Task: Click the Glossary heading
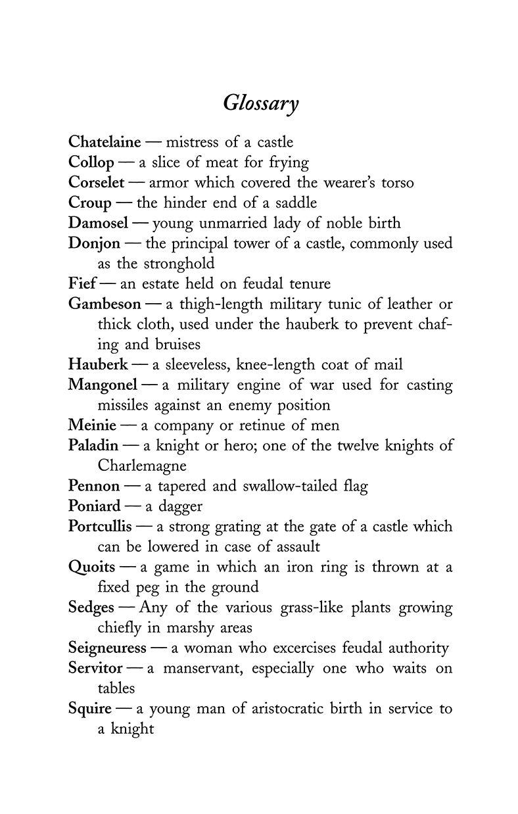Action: point(261,104)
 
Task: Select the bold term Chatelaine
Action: point(105,142)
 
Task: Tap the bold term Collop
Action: point(91,162)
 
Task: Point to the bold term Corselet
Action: point(96,182)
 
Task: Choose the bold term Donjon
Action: point(94,243)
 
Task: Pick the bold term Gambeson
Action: point(105,304)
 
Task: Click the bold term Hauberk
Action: point(98,365)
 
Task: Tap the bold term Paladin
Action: point(93,445)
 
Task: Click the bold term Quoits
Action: point(91,567)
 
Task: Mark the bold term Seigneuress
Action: point(107,648)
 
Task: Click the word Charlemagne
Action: point(142,466)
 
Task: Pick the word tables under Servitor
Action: point(116,688)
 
